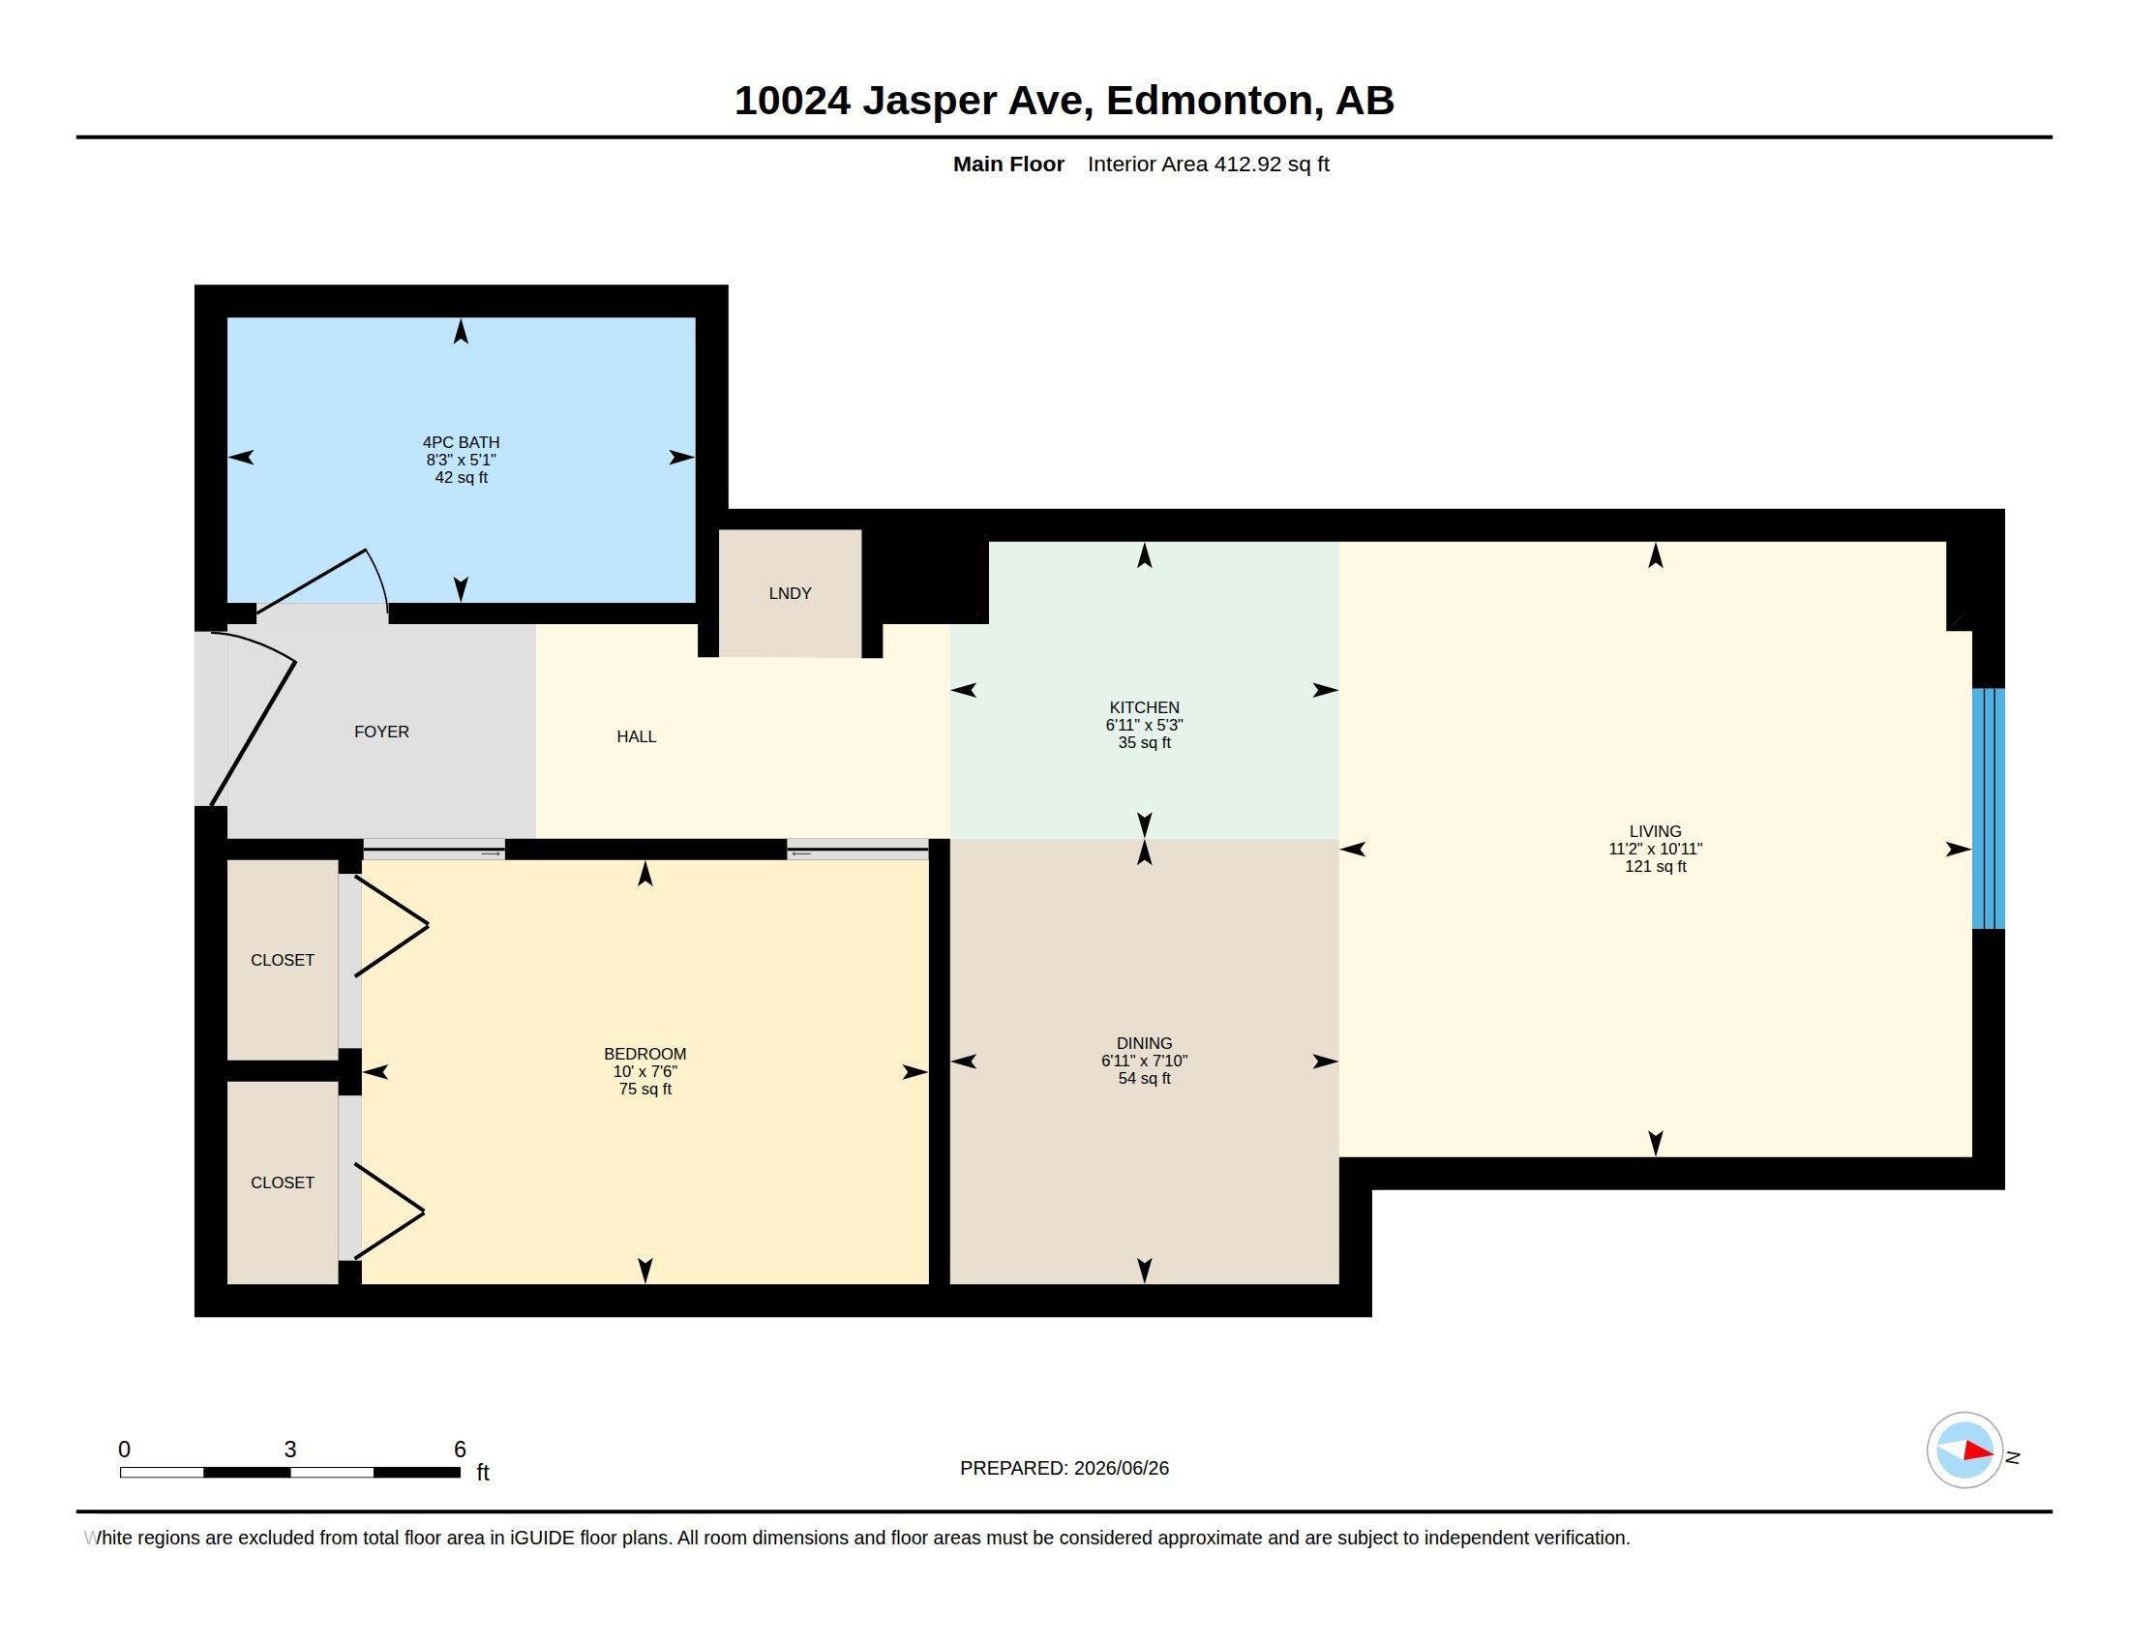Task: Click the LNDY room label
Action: coord(790,592)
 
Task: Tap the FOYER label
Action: coord(381,731)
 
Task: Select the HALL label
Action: coord(637,736)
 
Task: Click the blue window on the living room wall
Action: coord(1989,809)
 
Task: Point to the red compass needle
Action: coord(1978,1451)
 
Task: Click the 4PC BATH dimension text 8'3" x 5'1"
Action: coord(461,460)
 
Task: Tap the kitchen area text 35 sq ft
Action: coord(1145,742)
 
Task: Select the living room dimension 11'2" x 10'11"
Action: coord(1655,849)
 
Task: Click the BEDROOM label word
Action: coord(645,1054)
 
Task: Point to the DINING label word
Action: coord(1145,1043)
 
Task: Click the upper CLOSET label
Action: coord(283,960)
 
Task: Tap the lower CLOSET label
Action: coord(283,1182)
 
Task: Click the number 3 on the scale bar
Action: coord(290,1450)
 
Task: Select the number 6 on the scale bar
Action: coord(460,1450)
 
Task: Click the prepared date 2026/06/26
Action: coord(1121,1468)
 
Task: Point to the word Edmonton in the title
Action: coord(1209,101)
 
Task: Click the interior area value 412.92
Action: coord(1247,164)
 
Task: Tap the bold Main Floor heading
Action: coord(1009,164)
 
